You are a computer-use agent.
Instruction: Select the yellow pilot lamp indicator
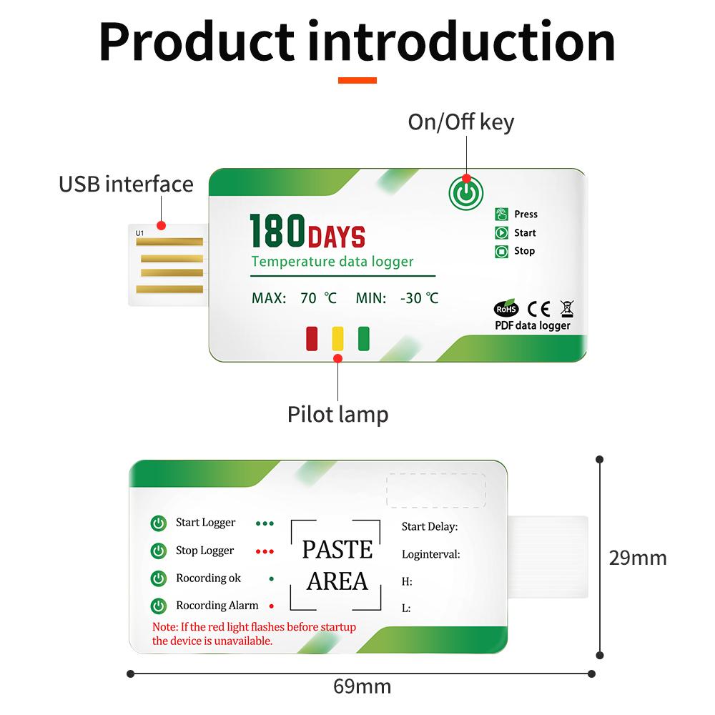tap(338, 338)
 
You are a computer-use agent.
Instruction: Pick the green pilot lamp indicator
tap(363, 338)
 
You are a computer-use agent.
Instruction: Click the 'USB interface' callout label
tap(126, 184)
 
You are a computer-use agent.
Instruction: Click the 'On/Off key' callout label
tap(460, 122)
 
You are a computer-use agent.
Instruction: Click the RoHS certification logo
tap(506, 308)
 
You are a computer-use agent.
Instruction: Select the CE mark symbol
tap(538, 308)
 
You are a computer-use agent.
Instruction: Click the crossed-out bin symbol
tap(566, 308)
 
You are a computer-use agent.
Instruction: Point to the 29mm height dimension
tap(637, 557)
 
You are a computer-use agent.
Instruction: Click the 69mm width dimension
tap(363, 687)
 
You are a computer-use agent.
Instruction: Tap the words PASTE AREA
tap(337, 565)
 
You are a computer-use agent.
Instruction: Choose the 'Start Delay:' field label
tap(430, 527)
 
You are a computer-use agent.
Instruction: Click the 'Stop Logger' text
tap(204, 551)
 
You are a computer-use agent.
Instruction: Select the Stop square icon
tap(501, 251)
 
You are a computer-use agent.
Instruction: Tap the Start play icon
tap(501, 232)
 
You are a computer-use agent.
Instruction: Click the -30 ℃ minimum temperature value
tap(420, 298)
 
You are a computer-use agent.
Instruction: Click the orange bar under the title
tap(357, 80)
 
